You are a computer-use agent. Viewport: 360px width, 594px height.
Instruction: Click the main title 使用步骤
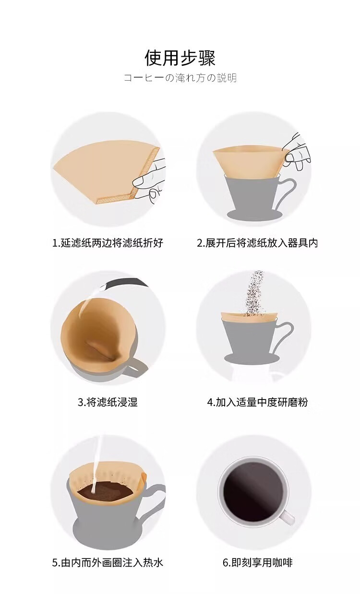tap(180, 58)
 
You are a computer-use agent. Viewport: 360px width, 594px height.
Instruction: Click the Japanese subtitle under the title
tap(180, 78)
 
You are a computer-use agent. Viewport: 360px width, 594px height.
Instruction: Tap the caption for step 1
tap(108, 243)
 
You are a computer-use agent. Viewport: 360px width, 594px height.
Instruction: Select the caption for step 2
tap(257, 243)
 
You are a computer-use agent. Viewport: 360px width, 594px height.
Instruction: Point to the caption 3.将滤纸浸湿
tap(108, 402)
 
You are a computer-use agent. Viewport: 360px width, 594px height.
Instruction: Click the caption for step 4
tap(257, 402)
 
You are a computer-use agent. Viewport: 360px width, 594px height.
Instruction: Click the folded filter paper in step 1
tap(106, 172)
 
